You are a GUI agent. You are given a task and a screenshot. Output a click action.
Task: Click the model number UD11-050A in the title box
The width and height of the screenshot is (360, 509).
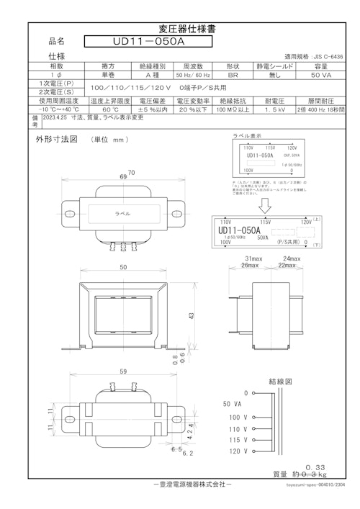tap(148, 42)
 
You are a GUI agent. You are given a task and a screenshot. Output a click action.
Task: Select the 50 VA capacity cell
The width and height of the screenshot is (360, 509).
tap(320, 74)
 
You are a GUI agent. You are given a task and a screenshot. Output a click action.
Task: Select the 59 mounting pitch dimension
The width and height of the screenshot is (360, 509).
tap(125, 372)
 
